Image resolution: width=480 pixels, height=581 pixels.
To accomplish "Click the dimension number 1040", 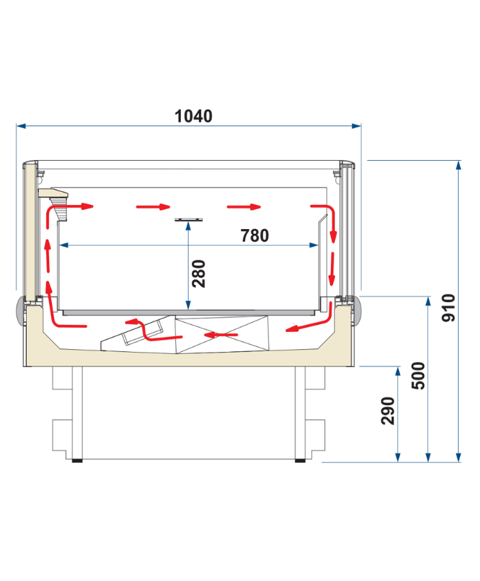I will [193, 116].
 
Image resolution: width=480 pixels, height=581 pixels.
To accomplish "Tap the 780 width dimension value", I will [254, 235].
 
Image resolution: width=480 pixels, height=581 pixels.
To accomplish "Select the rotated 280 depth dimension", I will [199, 273].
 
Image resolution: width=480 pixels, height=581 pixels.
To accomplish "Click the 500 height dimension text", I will [419, 375].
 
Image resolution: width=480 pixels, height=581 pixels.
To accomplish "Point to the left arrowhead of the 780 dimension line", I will [64, 245].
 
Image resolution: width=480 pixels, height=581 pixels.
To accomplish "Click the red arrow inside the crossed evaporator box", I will [220, 335].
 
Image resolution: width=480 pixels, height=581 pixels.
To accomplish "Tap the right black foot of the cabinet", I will [300, 459].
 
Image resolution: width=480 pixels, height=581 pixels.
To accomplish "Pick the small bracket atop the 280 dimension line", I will [189, 219].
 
